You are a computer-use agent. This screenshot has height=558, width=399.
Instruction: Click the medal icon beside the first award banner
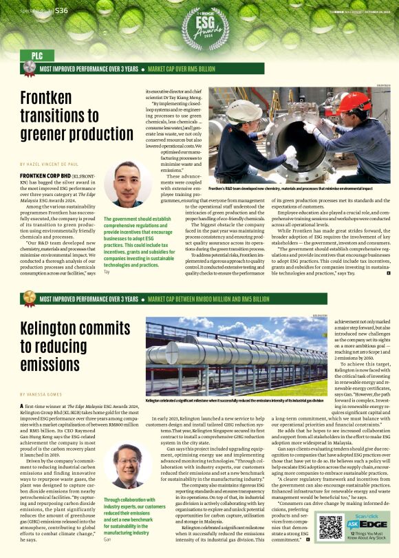tap(29, 68)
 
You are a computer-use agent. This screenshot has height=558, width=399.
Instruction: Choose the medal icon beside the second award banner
tap(29, 299)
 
